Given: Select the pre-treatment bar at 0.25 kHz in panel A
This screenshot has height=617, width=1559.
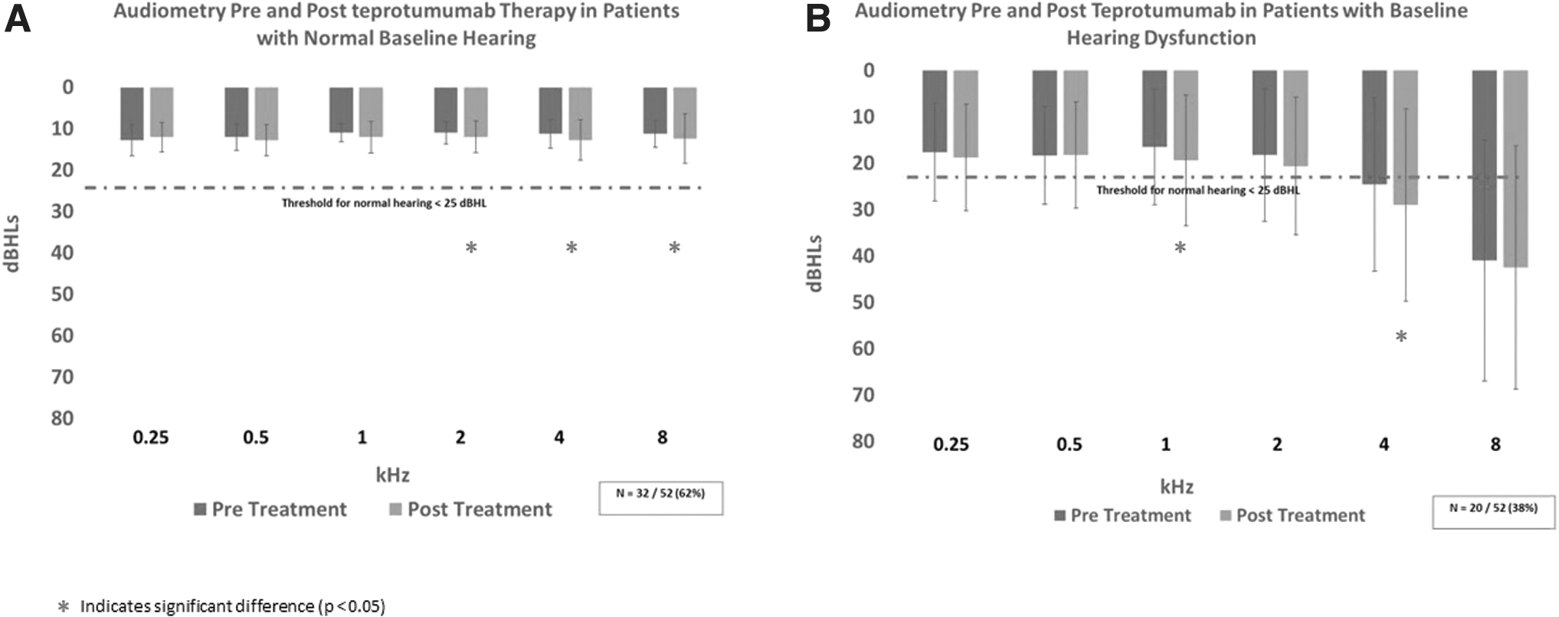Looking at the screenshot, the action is click(x=132, y=113).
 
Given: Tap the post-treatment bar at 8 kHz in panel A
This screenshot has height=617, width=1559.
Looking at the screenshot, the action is click(x=685, y=113).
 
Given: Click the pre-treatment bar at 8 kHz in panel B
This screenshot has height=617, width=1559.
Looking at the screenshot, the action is click(x=1485, y=165).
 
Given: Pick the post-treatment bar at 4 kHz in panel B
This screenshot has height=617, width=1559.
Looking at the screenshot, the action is click(x=1405, y=138).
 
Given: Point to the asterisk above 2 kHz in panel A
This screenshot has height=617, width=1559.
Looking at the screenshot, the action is click(x=471, y=247).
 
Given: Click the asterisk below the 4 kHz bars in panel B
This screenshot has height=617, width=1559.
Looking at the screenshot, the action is click(x=1401, y=336).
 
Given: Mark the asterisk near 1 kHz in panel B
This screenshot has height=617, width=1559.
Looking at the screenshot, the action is click(x=1181, y=247).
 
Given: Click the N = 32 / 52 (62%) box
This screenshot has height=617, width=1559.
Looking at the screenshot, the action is click(x=660, y=498).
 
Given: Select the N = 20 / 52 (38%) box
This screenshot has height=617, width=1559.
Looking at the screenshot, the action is click(x=1494, y=511).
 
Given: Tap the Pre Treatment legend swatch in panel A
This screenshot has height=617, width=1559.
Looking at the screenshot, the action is click(x=201, y=509).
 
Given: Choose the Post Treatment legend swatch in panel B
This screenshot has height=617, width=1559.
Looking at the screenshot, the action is click(x=1226, y=515).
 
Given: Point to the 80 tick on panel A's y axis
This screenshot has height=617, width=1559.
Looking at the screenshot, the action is click(x=62, y=418).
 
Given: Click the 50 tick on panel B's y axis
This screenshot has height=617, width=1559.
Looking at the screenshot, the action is click(x=863, y=302).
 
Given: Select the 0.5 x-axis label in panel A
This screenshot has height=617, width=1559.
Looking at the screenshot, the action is click(x=256, y=437).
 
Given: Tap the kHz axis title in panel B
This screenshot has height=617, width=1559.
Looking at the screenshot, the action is click(x=1177, y=486).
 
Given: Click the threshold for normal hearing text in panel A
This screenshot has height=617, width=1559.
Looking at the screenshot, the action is click(x=384, y=203).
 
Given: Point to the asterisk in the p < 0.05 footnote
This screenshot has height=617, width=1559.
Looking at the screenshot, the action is click(x=64, y=606).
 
